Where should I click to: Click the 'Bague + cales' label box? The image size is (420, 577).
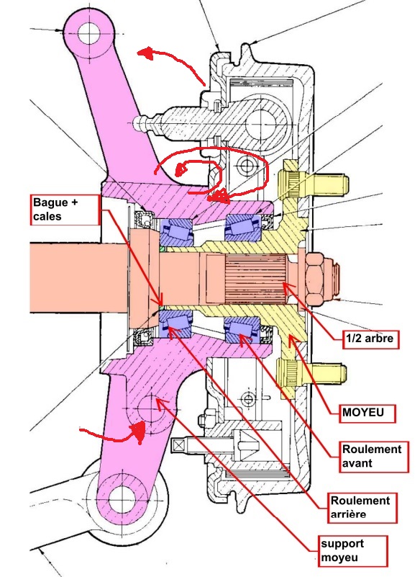pyautogui.click(x=65, y=210)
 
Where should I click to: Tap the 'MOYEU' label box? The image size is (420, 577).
pyautogui.click(x=367, y=413)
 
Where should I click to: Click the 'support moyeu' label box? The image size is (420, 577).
pyautogui.click(x=352, y=551)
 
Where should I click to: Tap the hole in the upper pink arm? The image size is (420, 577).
pyautogui.click(x=88, y=33)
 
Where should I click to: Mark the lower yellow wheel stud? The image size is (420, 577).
pyautogui.click(x=312, y=375)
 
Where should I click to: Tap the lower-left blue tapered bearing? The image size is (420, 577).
pyautogui.click(x=175, y=324)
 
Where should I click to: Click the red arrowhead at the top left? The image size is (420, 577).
pyautogui.click(x=146, y=53)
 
